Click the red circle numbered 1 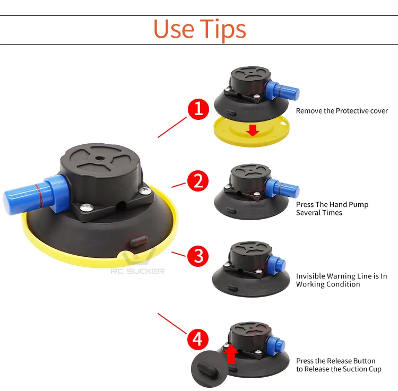(x=198, y=109)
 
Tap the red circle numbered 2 (x=198, y=181)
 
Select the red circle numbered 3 (x=198, y=256)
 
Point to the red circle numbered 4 (x=198, y=339)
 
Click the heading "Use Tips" (x=200, y=30)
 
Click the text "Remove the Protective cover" (x=342, y=111)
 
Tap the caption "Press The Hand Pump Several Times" (x=332, y=208)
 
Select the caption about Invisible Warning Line (x=341, y=280)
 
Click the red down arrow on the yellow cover (x=253, y=130)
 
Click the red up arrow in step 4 (x=231, y=353)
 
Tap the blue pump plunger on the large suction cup (x=36, y=194)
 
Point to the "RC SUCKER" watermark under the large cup (x=137, y=271)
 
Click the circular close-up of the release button (x=209, y=369)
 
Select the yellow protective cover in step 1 (x=252, y=132)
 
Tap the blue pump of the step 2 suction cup (x=282, y=188)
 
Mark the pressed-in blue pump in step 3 (x=276, y=265)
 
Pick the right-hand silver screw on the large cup (x=145, y=190)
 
